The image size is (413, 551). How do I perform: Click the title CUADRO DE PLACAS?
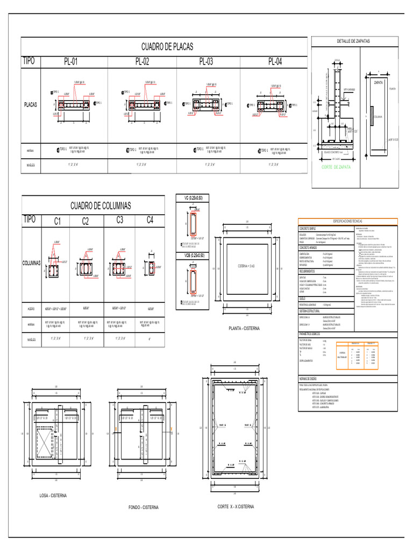pos(167,47)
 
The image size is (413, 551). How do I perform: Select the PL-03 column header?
pos(206,62)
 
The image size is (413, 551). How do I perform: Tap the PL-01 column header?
pos(71,62)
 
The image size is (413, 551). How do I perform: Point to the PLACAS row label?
pos(31,105)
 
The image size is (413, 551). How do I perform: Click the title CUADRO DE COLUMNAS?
pos(101,206)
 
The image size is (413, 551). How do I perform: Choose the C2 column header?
pos(86,221)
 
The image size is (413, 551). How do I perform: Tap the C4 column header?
pos(150,220)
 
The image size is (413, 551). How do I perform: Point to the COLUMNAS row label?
pos(32,264)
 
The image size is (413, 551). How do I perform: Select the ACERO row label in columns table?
pos(31,309)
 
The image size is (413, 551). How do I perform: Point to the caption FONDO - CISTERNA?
pos(144,507)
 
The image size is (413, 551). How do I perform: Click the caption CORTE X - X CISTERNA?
pos(235,506)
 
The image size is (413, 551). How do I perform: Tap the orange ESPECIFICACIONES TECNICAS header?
pos(348,221)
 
